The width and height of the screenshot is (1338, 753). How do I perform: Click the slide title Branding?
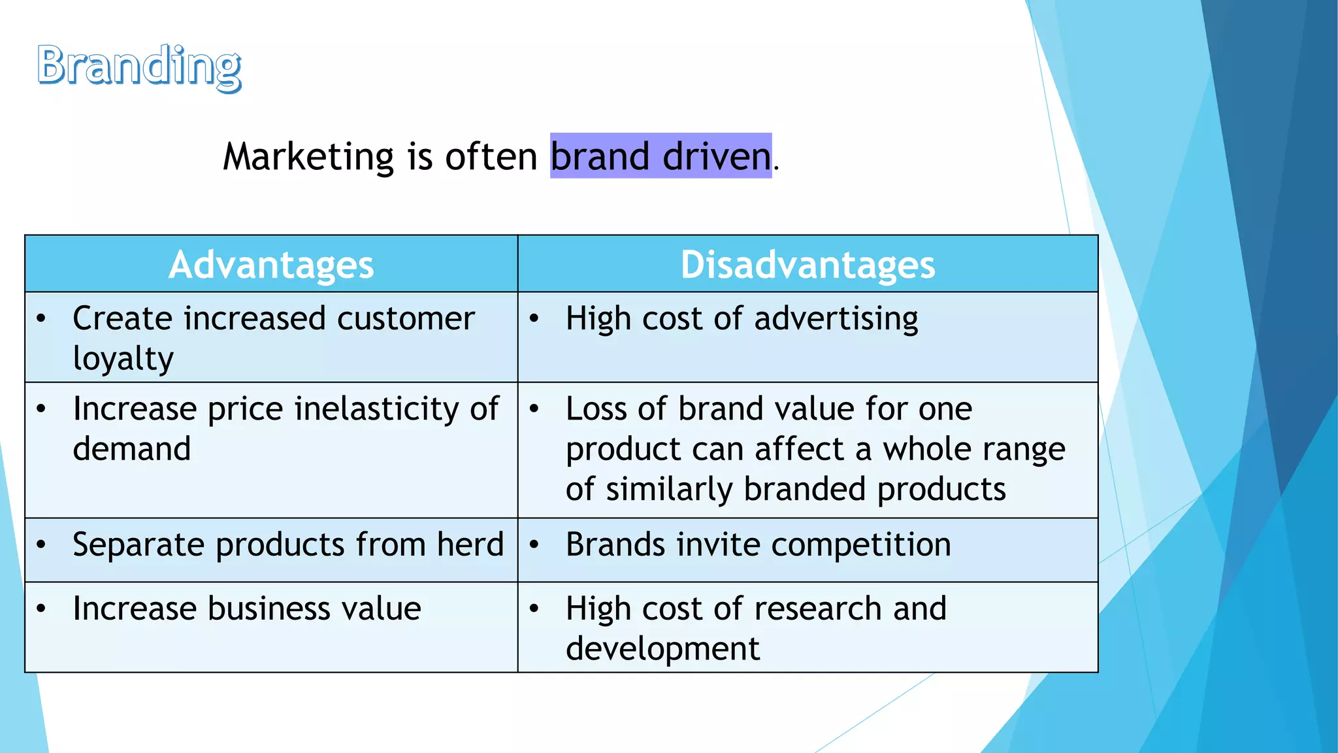click(x=139, y=65)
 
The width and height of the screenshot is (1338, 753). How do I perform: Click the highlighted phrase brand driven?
click(x=661, y=156)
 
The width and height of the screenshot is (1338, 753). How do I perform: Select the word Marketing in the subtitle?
click(x=308, y=156)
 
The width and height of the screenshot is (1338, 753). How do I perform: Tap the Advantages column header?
click(x=271, y=265)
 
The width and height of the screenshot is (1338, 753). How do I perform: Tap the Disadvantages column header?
click(x=808, y=265)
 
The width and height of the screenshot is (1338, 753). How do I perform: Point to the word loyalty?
click(x=123, y=359)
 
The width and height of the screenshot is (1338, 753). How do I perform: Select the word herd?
click(x=470, y=544)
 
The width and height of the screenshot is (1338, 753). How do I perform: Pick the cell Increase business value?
click(x=247, y=609)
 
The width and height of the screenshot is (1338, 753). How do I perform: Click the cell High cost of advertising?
click(x=742, y=319)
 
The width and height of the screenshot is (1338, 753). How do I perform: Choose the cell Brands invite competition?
click(x=758, y=544)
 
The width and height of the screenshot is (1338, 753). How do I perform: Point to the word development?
click(x=662, y=648)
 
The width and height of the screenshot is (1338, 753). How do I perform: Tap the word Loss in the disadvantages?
click(x=596, y=409)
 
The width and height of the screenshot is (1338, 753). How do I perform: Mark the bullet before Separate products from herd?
click(x=41, y=544)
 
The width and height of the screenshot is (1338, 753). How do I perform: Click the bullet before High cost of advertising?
click(x=534, y=319)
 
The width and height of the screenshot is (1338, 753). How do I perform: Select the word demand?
click(x=132, y=449)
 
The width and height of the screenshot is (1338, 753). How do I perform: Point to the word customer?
click(x=406, y=319)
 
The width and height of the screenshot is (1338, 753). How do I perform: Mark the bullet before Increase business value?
click(x=41, y=609)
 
